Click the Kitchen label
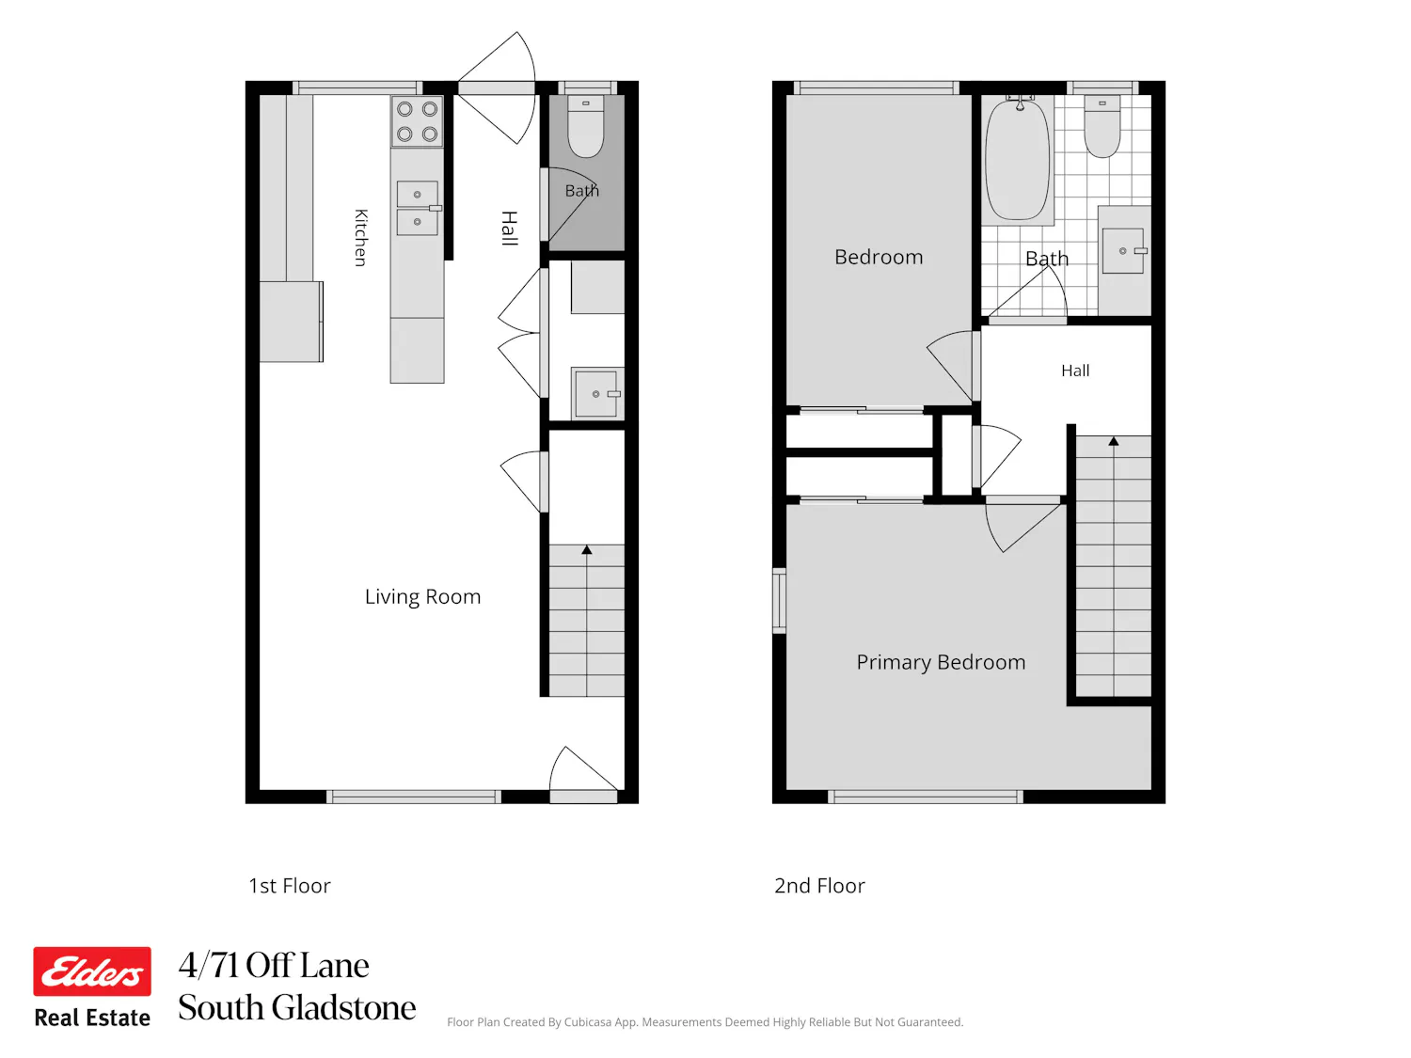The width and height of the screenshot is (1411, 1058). click(x=360, y=238)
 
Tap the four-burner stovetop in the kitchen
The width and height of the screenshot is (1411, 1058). click(x=418, y=121)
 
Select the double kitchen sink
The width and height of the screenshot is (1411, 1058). click(x=418, y=208)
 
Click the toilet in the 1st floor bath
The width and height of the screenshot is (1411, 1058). click(x=586, y=127)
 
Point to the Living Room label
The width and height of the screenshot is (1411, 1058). click(x=422, y=597)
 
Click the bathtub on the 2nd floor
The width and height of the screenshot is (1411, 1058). click(x=1018, y=159)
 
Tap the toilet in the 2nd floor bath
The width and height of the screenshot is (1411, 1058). click(x=1102, y=127)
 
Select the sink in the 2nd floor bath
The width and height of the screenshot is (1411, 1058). click(x=1123, y=250)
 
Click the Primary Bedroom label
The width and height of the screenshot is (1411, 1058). click(x=941, y=662)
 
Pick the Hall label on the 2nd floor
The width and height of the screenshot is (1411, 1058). click(x=1075, y=371)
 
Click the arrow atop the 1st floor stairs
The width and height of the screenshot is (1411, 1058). click(x=586, y=550)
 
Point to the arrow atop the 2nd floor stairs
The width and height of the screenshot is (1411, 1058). click(x=1114, y=441)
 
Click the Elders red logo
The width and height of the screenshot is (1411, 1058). click(x=92, y=971)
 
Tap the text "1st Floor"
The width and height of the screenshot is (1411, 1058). click(x=290, y=886)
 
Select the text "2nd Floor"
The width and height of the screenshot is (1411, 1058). click(x=819, y=886)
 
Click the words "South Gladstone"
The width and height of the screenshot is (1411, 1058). click(x=297, y=1006)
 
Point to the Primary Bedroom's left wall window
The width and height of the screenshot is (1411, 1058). click(x=779, y=601)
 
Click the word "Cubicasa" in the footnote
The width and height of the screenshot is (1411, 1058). click(x=588, y=1022)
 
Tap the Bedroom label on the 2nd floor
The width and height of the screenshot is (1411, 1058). click(x=878, y=257)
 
